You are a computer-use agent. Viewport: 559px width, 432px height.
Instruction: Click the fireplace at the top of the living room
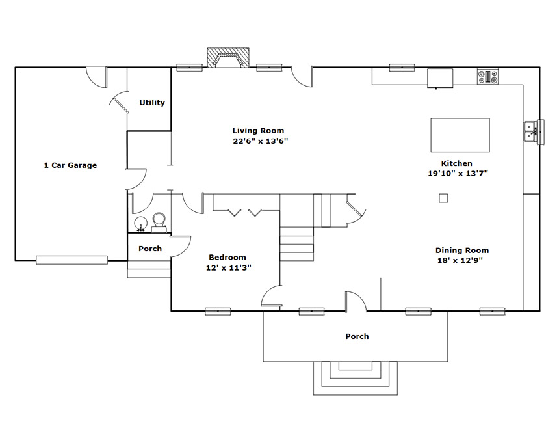228,57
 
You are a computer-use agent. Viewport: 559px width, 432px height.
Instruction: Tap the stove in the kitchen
487,77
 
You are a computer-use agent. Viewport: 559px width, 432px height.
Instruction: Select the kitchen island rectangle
460,135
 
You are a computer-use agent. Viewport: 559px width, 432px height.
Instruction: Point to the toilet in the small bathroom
159,223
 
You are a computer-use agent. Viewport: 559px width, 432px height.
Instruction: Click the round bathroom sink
141,224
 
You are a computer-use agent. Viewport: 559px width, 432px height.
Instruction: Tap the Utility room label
152,103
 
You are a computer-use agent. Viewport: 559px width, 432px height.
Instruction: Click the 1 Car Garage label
70,165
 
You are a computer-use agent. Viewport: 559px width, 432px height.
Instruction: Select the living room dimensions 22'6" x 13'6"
260,141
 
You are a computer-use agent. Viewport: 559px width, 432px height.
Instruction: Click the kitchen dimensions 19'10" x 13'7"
458,174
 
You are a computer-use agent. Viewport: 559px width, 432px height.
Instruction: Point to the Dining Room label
462,250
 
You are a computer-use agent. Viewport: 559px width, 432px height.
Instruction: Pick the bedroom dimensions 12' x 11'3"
229,267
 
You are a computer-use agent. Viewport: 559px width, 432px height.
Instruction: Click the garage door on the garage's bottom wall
71,260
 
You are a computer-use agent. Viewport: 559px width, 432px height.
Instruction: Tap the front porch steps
356,378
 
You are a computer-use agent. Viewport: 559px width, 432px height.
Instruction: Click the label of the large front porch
357,336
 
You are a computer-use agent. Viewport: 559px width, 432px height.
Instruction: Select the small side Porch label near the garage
150,249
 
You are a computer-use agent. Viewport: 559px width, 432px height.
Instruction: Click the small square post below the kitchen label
443,198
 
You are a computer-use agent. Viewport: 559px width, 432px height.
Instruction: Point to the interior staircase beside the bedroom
296,244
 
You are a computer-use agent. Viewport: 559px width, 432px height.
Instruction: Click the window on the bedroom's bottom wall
218,311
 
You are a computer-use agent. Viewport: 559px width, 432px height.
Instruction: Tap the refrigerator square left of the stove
440,78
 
